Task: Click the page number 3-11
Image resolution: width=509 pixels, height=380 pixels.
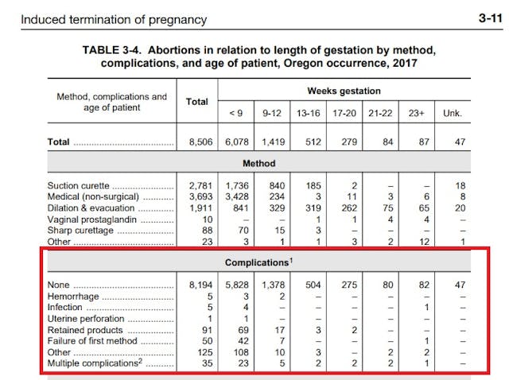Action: (488, 18)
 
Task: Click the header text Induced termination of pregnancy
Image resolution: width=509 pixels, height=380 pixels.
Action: (114, 19)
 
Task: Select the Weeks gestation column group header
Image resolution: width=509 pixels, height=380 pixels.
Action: (344, 91)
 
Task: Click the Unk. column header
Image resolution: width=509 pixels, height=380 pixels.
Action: (452, 114)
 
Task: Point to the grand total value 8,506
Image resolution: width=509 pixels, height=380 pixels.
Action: (196, 142)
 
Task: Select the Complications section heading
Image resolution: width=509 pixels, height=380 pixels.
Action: (257, 262)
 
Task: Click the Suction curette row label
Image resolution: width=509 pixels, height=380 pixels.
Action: (79, 184)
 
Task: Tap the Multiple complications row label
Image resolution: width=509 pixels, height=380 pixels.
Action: (93, 363)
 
